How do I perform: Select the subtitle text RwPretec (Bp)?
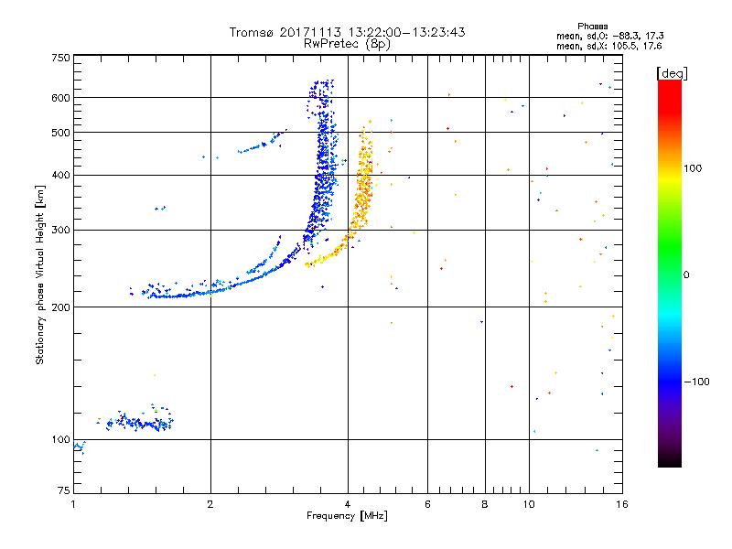coord(347,43)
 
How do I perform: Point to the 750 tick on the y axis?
coord(60,58)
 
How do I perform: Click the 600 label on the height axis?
coord(60,98)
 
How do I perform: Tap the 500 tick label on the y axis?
coord(60,133)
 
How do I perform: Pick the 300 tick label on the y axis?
coord(60,230)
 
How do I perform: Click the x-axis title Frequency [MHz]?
coord(347,517)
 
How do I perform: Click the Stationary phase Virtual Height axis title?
coord(40,275)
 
